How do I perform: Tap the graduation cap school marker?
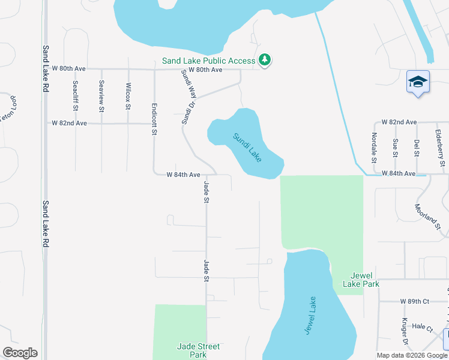pyautogui.click(x=418, y=82)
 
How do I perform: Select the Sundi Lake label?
pyautogui.click(x=247, y=147)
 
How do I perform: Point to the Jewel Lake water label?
pyautogui.click(x=309, y=316)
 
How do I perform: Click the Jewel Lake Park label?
pyautogui.click(x=361, y=280)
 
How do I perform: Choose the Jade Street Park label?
pyautogui.click(x=198, y=350)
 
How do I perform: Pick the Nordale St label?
pyautogui.click(x=373, y=148)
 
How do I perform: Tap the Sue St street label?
pyautogui.click(x=395, y=148)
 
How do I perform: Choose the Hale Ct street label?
pyautogui.click(x=423, y=327)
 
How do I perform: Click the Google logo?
pyautogui.click(x=20, y=353)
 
